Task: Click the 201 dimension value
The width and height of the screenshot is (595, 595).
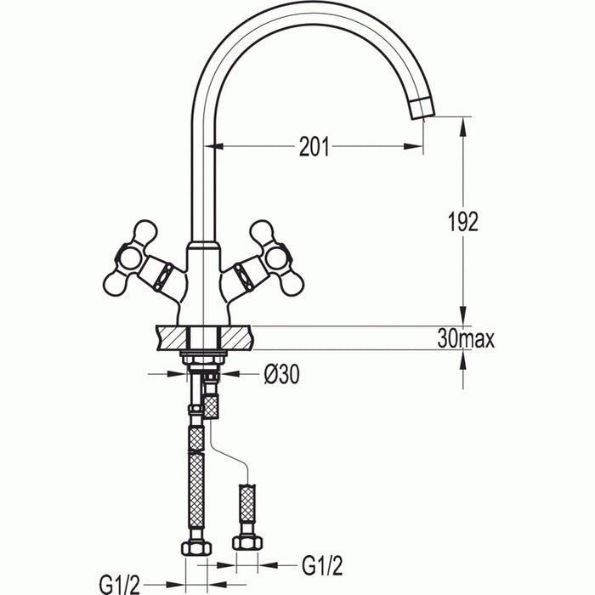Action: pyautogui.click(x=314, y=147)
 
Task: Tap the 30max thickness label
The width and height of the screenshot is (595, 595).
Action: pyautogui.click(x=465, y=338)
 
